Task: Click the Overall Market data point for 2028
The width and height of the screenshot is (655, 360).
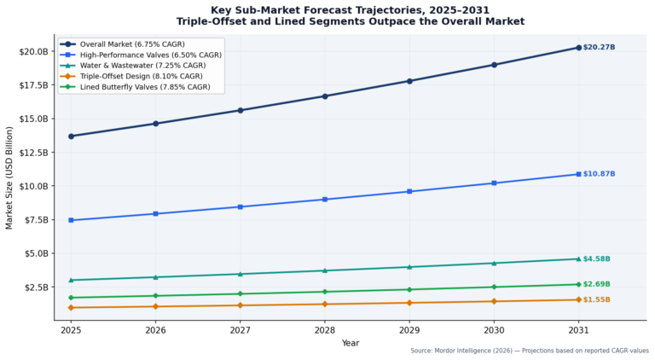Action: (325, 96)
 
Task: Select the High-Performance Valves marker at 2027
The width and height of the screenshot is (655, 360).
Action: (241, 206)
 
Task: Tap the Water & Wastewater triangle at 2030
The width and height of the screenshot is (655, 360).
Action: (494, 263)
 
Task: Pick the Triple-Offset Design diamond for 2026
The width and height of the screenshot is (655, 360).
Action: (155, 306)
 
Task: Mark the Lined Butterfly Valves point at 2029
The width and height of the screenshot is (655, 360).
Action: (409, 289)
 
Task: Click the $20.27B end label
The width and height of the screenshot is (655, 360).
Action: (599, 47)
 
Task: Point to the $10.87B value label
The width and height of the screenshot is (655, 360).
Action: (599, 174)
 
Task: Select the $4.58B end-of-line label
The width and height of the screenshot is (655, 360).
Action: (596, 259)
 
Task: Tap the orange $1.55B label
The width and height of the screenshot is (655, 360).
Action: (596, 300)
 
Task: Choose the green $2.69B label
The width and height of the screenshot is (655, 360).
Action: (596, 284)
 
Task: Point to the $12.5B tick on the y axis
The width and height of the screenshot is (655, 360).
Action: (34, 153)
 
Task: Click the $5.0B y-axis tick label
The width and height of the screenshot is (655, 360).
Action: (36, 253)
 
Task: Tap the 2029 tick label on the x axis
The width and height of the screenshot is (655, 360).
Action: (409, 330)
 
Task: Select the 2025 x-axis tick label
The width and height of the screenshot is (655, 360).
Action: (71, 330)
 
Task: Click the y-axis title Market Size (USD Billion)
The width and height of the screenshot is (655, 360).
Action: (9, 177)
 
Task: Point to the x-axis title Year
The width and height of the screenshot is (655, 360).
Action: (350, 343)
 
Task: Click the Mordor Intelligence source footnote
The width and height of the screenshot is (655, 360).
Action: (530, 351)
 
